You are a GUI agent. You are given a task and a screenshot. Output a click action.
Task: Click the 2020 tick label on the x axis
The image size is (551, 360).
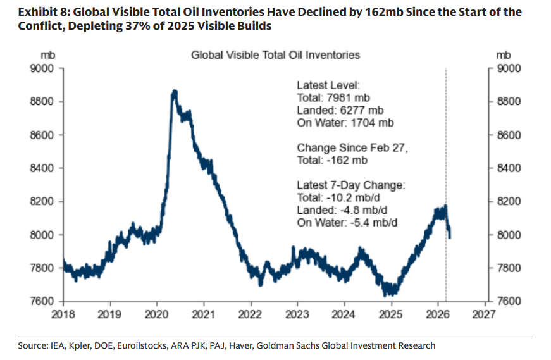tap(156, 313)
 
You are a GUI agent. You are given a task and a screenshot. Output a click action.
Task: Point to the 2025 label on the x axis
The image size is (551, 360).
tap(391, 313)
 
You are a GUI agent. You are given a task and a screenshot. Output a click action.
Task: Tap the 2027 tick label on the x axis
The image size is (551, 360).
tap(485, 313)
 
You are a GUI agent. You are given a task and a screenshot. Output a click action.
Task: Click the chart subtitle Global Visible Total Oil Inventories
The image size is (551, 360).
tap(275, 55)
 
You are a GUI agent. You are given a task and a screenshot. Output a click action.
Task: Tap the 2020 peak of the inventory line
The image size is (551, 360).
tap(175, 92)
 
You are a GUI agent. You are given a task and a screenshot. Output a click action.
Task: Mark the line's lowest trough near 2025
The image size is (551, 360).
tap(392, 294)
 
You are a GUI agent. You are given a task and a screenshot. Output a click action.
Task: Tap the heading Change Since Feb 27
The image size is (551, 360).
tap(353, 148)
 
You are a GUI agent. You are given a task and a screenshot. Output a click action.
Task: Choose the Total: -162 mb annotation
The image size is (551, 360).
tap(332, 161)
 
